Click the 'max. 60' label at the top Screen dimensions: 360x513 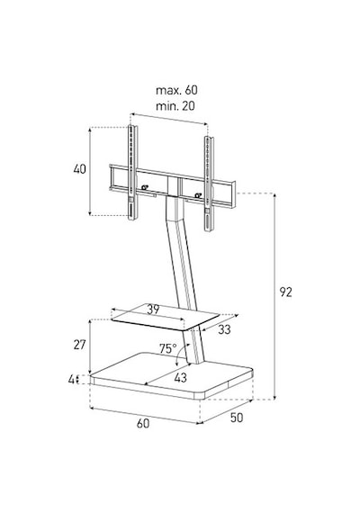click(176, 90)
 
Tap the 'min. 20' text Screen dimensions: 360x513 click(175, 106)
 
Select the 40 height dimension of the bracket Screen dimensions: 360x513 click(79, 169)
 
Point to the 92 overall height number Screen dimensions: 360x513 click(285, 292)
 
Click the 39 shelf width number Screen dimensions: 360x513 click(153, 310)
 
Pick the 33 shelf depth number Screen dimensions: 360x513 click(224, 329)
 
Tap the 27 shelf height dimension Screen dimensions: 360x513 click(79, 345)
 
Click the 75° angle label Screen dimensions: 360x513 click(168, 349)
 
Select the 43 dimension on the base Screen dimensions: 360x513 click(180, 378)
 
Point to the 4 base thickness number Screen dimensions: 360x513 click(71, 380)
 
